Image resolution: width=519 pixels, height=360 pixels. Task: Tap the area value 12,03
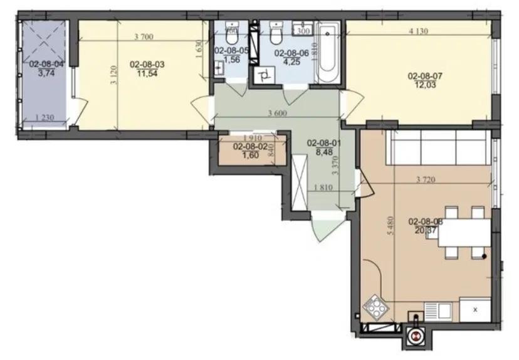(421, 87)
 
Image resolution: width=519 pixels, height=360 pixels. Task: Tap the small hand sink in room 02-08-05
(219, 69)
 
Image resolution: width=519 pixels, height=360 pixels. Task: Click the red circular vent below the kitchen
(416, 336)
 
